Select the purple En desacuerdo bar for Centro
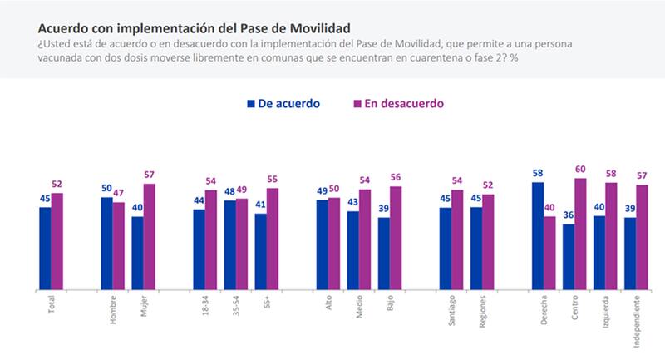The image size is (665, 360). click(x=580, y=234)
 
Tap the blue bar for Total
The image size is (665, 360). click(x=45, y=248)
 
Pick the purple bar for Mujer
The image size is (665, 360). click(x=149, y=237)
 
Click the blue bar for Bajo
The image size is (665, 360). click(x=383, y=254)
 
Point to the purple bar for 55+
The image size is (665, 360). click(x=273, y=239)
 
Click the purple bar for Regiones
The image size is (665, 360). click(x=488, y=242)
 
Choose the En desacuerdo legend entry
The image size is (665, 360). click(x=399, y=104)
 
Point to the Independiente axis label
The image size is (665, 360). click(x=636, y=319)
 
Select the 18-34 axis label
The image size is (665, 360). click(x=205, y=307)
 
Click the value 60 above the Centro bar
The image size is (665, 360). click(x=580, y=170)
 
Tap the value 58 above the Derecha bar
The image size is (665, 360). click(x=538, y=174)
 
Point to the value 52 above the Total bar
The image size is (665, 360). click(x=57, y=185)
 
